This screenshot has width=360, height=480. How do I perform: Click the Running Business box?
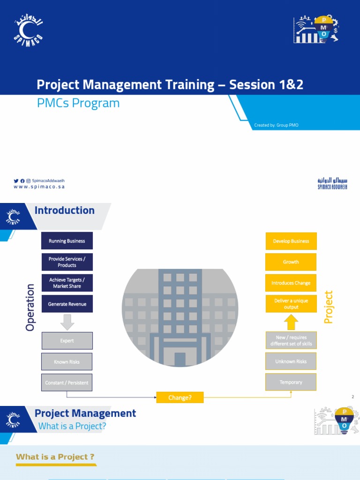[x=67, y=241]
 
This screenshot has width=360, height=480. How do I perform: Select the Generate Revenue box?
[x=67, y=304]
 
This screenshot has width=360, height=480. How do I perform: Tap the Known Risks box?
[x=67, y=362]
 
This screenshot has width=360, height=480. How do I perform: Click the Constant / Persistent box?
[x=67, y=382]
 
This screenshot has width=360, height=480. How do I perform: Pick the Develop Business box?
[x=291, y=241]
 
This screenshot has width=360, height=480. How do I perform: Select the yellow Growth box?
[x=291, y=262]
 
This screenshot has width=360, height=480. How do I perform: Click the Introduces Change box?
[x=291, y=283]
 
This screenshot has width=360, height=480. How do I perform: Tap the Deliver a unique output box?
[x=291, y=304]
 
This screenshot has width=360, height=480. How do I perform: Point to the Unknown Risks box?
[x=291, y=361]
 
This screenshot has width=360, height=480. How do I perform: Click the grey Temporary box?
[x=291, y=382]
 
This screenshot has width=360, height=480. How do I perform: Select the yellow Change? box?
[x=180, y=398]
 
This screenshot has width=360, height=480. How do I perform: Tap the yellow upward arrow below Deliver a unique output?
[x=291, y=322]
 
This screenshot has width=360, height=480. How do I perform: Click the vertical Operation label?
[x=30, y=307]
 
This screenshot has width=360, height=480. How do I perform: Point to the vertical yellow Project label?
[x=329, y=307]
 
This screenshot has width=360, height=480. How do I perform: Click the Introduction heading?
[x=65, y=210]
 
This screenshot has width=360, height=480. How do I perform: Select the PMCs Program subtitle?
[x=78, y=103]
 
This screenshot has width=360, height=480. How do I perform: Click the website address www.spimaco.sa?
[x=39, y=187]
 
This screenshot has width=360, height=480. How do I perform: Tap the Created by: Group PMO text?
[x=276, y=125]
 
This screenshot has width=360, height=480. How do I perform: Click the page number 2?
[x=352, y=397]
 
